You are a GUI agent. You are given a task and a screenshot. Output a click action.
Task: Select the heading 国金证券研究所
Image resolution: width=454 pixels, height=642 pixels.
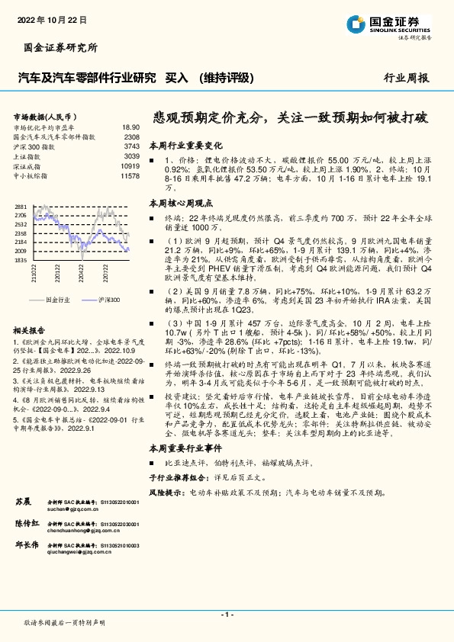pos(57,47)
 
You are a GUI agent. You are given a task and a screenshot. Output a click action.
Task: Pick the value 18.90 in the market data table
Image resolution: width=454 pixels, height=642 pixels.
pos(130,127)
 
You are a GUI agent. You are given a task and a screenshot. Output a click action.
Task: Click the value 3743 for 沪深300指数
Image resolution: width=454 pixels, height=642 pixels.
pos(131,146)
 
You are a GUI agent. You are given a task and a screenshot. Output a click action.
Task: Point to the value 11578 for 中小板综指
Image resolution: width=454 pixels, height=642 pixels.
pos(130,175)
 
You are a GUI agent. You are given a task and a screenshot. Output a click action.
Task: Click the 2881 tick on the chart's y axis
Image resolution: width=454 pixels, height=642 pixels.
pos(20,207)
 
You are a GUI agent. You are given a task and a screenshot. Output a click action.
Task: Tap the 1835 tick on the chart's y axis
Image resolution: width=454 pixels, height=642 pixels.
pos(20,260)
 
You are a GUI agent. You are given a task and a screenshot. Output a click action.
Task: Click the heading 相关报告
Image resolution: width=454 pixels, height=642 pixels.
pos(31,309)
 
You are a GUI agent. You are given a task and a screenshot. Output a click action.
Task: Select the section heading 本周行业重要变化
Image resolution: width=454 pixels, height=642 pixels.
pos(185,144)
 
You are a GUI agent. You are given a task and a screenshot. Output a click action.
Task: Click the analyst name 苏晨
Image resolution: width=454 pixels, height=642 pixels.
pos(23,502)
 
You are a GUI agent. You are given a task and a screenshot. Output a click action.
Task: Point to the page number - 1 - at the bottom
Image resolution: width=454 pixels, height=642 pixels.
pos(227,614)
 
